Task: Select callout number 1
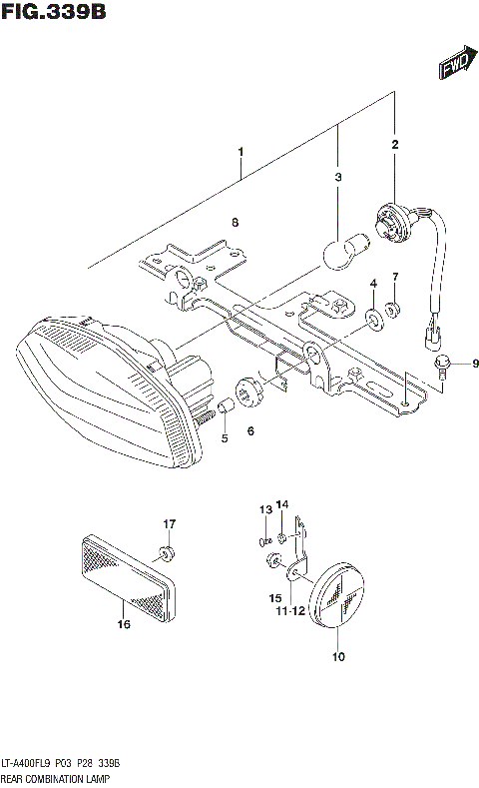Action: tap(240, 153)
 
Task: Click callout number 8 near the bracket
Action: tap(236, 222)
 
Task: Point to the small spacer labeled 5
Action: tap(226, 406)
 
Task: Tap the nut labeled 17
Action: tap(165, 552)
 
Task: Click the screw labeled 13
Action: tap(263, 541)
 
